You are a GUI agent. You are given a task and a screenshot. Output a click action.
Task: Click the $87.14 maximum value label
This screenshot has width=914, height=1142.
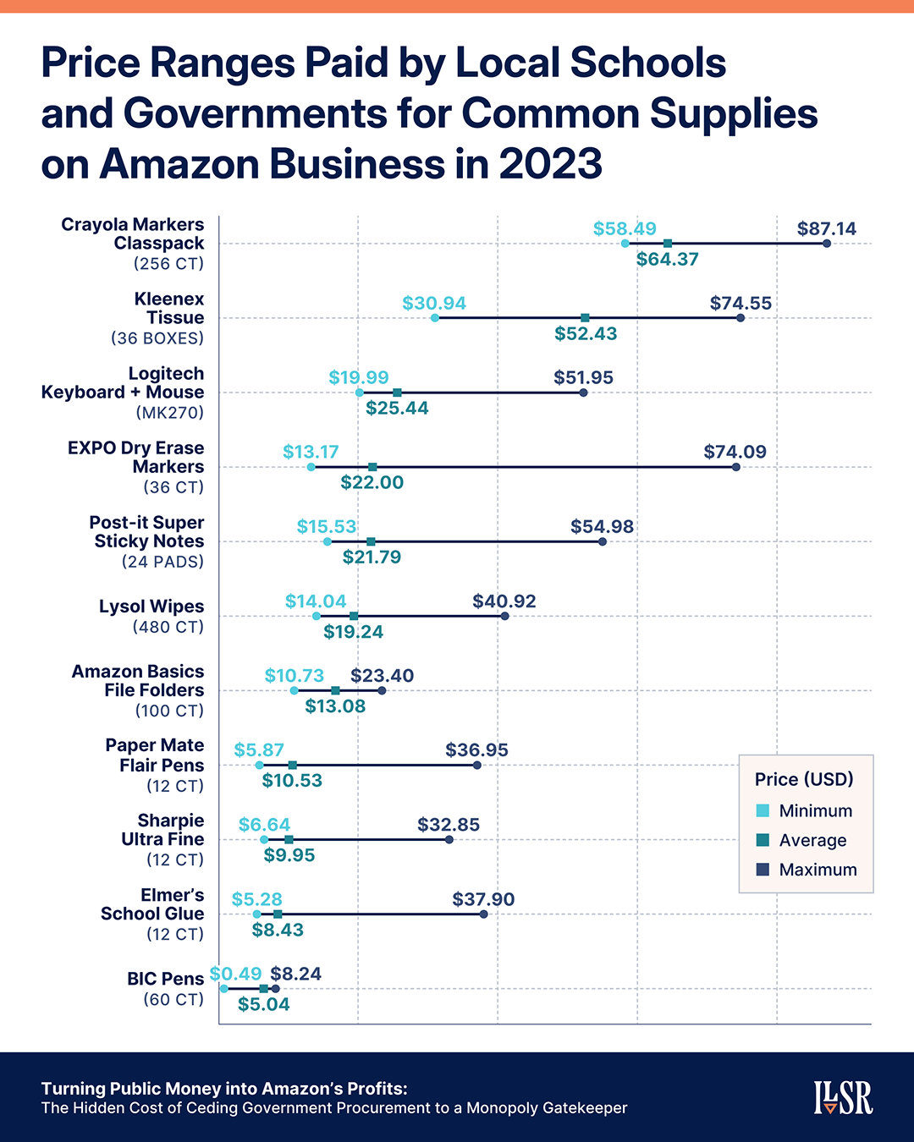[826, 228]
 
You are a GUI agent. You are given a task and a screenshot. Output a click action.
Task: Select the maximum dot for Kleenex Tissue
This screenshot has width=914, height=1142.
[741, 318]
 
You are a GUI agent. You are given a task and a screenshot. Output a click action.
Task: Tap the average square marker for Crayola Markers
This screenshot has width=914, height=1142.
[668, 244]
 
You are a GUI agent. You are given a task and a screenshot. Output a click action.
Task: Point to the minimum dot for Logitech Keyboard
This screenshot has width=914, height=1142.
[360, 393]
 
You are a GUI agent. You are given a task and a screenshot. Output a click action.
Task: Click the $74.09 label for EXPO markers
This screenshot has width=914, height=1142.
[735, 452]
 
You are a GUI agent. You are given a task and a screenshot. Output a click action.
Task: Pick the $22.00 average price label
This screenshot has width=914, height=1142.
[372, 483]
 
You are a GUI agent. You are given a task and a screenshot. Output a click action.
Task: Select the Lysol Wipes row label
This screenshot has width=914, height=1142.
[151, 607]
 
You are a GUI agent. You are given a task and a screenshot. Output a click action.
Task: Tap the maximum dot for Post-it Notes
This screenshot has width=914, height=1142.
[603, 541]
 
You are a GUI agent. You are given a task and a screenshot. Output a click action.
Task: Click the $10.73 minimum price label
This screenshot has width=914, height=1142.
[295, 676]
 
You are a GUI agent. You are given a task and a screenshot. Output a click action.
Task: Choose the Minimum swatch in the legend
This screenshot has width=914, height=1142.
[763, 810]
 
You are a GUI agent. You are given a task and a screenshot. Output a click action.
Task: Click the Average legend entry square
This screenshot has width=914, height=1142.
[763, 840]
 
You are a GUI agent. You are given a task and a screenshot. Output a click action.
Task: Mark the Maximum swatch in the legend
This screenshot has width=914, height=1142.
[763, 870]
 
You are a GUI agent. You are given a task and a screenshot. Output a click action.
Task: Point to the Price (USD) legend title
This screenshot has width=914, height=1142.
[804, 779]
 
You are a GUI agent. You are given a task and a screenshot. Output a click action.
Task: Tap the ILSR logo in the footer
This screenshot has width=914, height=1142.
[843, 1097]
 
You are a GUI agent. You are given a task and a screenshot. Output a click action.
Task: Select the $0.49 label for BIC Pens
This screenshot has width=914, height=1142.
[235, 974]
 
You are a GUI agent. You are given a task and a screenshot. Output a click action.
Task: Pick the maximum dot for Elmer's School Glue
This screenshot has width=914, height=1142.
[484, 914]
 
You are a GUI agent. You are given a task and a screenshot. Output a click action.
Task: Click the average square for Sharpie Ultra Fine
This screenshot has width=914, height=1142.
[289, 840]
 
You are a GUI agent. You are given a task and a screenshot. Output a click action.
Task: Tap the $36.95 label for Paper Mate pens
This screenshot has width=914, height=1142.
[477, 750]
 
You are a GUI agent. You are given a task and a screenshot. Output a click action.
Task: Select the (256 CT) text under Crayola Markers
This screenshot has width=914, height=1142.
[169, 264]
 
